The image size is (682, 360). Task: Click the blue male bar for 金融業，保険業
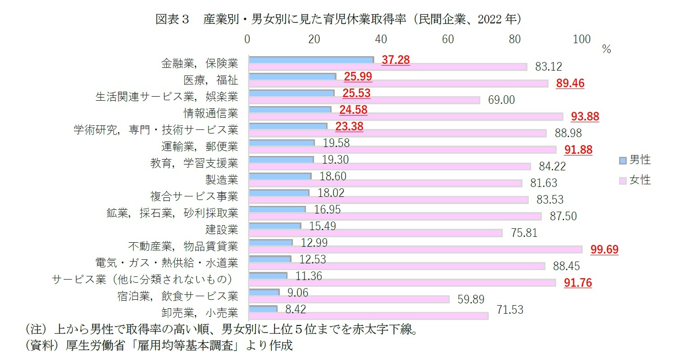[311, 60]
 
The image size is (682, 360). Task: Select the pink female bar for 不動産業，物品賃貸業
[415, 249]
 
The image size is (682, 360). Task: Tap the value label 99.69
[604, 249]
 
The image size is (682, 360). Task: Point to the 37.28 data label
[395, 60]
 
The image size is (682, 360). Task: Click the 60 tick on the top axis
[448, 40]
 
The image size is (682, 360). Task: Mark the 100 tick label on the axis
[581, 40]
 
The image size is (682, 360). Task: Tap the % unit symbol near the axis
[607, 50]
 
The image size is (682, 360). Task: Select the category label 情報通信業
[210, 113]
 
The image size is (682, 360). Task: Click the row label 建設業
[221, 229]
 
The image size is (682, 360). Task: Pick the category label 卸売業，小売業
[199, 312]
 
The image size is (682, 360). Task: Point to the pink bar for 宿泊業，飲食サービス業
[349, 299]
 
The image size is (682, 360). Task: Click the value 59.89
[471, 299]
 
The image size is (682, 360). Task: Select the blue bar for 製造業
[279, 176]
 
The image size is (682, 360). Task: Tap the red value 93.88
[585, 116]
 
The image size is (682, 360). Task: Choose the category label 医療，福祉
[210, 80]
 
